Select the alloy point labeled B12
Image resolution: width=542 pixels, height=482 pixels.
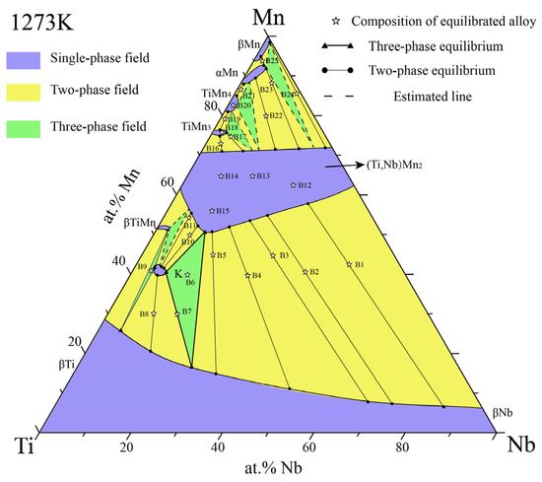point(293,184)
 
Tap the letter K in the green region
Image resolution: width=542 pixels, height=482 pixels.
point(178,273)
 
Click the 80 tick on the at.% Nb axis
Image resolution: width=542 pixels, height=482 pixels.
point(401,448)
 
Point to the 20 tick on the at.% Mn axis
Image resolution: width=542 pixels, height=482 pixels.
point(72,341)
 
